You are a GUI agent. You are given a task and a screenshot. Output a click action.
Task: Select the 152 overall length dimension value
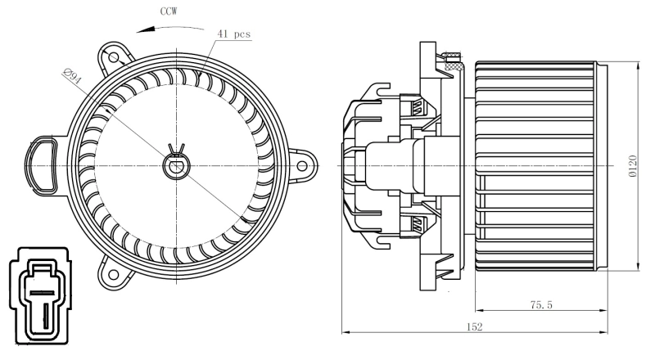tap(475, 326)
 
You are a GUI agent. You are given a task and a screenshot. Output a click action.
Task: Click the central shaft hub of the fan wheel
tap(176, 166)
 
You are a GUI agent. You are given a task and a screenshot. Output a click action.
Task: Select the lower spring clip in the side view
tap(418, 223)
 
